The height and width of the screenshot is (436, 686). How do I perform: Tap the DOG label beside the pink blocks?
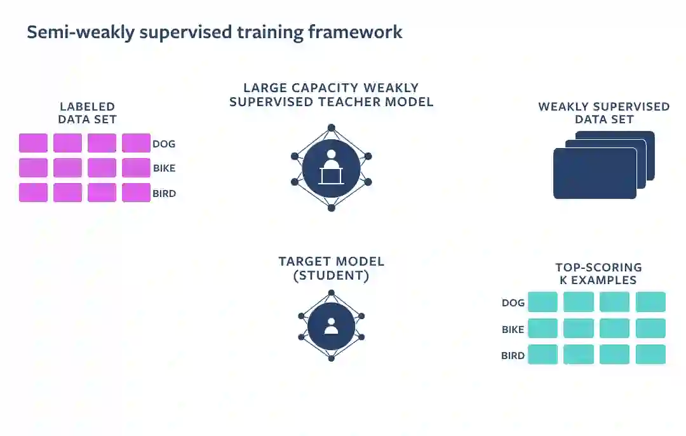(x=164, y=144)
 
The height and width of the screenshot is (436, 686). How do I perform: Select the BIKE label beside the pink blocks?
(x=164, y=168)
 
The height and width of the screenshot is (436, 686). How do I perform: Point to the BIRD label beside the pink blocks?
(x=164, y=193)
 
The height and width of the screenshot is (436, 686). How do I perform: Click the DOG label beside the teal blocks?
(x=513, y=303)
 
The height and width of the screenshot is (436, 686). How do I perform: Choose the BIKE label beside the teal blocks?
(x=513, y=329)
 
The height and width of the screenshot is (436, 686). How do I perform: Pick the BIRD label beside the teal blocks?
(x=513, y=355)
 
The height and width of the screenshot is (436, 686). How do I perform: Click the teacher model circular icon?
(x=331, y=168)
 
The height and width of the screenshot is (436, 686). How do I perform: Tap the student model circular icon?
(x=331, y=326)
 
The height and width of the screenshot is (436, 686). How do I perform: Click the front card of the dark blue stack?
(x=595, y=173)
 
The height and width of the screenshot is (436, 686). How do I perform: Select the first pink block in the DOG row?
(x=33, y=143)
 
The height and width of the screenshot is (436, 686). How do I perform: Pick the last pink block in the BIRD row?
(x=136, y=193)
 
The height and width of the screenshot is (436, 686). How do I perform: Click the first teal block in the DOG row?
(x=542, y=302)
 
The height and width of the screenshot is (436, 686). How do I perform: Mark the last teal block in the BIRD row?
(x=650, y=355)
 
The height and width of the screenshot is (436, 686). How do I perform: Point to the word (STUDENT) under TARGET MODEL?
(x=331, y=276)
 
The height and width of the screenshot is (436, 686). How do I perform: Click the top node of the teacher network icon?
(x=331, y=127)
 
